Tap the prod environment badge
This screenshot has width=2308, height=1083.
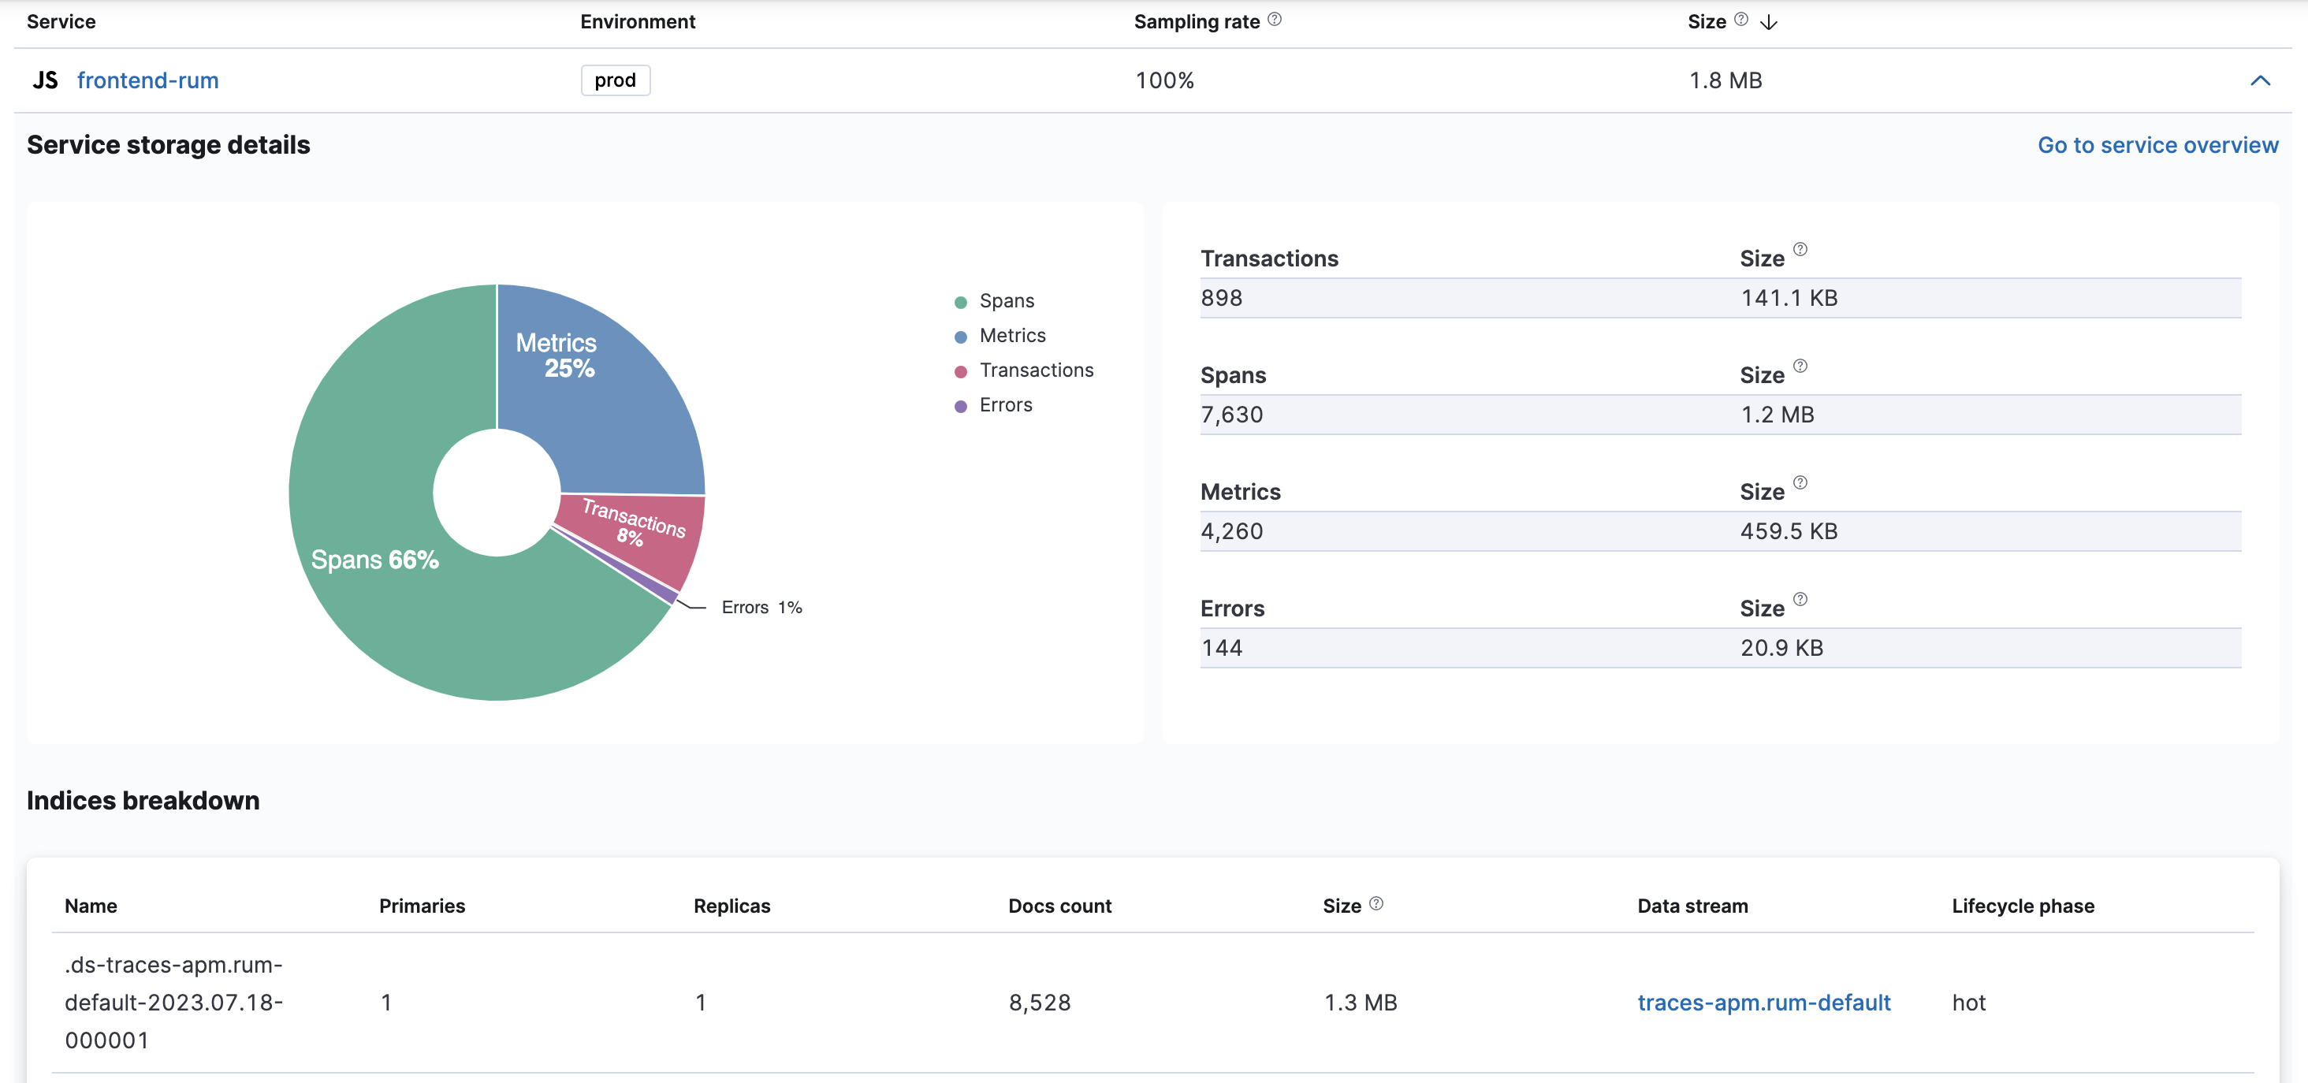(x=615, y=80)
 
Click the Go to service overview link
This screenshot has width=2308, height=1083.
(x=2157, y=145)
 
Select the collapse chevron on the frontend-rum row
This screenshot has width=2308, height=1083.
(x=2260, y=80)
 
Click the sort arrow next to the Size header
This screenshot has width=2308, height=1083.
(x=1768, y=22)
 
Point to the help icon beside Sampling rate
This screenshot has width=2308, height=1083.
(x=1274, y=20)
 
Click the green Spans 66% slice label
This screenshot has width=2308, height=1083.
(x=374, y=560)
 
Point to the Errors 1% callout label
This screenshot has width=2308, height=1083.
(x=761, y=608)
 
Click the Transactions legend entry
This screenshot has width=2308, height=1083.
(x=1036, y=370)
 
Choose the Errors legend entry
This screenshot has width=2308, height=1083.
(x=1005, y=405)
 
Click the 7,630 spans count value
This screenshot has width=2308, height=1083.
(x=1231, y=415)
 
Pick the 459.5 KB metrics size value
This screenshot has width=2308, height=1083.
(x=1788, y=531)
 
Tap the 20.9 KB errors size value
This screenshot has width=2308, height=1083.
(x=1781, y=648)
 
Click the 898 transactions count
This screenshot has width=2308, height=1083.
(x=1221, y=298)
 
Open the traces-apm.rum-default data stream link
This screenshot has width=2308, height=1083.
(x=1763, y=1003)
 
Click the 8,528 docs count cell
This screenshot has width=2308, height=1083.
(x=1040, y=1003)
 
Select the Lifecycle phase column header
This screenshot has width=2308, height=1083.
(x=2022, y=906)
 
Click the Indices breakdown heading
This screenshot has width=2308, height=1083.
(x=143, y=801)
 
